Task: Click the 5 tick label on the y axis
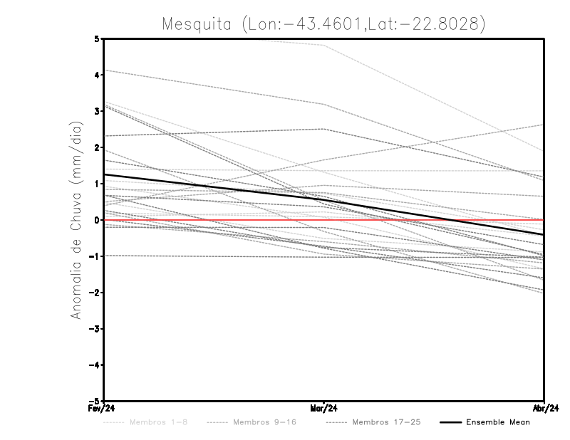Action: [97, 38]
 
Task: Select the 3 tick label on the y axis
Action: [97, 111]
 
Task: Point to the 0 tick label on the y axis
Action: [97, 220]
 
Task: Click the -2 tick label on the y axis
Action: [95, 293]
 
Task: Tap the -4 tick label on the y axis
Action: [95, 365]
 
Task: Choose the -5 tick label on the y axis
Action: [95, 401]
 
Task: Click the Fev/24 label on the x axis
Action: [104, 409]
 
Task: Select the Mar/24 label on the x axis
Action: [324, 409]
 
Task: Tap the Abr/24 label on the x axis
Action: [544, 409]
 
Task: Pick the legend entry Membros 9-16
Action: [264, 422]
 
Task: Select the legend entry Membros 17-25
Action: [386, 422]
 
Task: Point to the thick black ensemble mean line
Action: [214, 188]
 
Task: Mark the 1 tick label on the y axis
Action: [97, 184]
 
